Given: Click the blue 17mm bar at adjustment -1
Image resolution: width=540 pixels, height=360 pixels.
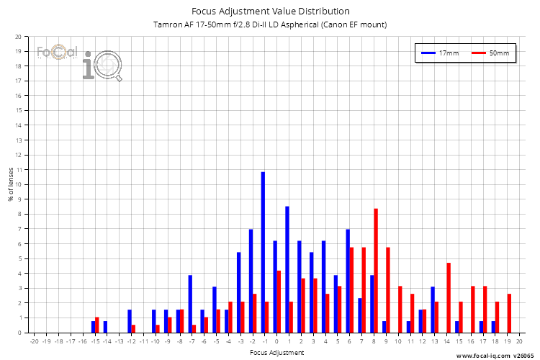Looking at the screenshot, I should coord(263,252).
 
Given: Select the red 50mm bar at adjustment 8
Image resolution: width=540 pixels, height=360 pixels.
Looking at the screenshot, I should coord(376,270).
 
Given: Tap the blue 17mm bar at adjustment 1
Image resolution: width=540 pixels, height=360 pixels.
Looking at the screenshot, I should coord(287,269).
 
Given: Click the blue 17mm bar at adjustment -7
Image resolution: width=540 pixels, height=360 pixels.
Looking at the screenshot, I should coord(190,304).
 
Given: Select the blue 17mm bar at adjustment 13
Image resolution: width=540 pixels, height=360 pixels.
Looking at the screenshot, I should coord(433,310).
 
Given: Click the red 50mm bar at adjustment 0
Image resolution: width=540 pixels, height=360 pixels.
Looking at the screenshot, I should coord(279,302).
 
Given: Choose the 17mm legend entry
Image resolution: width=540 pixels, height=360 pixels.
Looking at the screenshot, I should coord(440,53).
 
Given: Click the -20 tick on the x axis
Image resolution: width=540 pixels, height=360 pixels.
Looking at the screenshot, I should coord(34,341).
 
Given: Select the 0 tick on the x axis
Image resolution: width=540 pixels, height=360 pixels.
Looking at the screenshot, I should coord(276,341).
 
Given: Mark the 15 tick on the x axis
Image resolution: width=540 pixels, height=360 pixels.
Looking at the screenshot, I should coord(459,341).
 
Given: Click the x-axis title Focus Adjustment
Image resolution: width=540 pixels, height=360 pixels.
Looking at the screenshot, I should coord(276,352).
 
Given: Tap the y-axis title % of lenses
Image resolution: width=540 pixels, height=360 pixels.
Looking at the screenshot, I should coord(10,185).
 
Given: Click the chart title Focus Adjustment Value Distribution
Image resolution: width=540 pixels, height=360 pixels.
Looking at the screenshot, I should coord(270,11).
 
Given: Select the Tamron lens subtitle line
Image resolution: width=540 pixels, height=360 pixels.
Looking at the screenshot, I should coord(270,24).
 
